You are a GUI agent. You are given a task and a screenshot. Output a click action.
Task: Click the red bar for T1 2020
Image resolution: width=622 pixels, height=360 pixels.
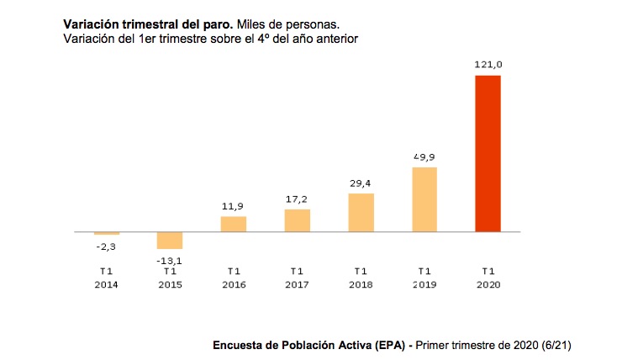(x=488, y=153)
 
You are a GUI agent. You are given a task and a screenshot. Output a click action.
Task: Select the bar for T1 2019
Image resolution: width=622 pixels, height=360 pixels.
(x=424, y=199)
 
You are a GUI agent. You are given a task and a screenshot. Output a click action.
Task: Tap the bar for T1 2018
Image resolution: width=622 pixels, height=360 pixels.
(x=361, y=212)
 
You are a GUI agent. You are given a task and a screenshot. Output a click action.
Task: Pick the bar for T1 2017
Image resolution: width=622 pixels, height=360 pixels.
(x=297, y=220)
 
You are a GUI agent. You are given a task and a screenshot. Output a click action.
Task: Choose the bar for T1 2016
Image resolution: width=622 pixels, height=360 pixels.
(x=234, y=224)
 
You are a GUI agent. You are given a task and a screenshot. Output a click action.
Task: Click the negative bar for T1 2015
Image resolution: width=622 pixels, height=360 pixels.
(x=170, y=240)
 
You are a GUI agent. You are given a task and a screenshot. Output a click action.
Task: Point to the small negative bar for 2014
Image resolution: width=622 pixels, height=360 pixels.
(x=107, y=233)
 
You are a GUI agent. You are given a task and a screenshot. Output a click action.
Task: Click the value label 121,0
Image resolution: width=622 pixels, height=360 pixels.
(x=488, y=64)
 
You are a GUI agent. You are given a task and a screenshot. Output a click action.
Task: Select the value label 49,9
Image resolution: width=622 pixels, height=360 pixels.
(x=424, y=156)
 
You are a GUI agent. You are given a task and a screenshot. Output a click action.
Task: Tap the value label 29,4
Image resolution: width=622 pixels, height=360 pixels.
(x=361, y=183)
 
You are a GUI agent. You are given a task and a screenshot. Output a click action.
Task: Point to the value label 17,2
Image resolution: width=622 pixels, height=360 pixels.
(x=297, y=199)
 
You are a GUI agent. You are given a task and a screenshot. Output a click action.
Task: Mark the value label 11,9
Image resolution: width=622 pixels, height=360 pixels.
(x=234, y=205)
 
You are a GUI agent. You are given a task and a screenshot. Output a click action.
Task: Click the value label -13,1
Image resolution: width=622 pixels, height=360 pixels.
(x=170, y=260)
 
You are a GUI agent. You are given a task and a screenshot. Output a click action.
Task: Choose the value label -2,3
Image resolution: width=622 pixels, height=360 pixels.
(x=107, y=246)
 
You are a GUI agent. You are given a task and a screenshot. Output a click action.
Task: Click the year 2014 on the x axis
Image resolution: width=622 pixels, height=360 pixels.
(x=107, y=284)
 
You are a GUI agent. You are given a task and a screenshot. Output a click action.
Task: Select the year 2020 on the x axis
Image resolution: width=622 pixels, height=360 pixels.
(x=488, y=284)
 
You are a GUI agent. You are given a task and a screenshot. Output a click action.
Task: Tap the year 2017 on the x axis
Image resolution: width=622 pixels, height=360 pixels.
(x=297, y=284)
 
